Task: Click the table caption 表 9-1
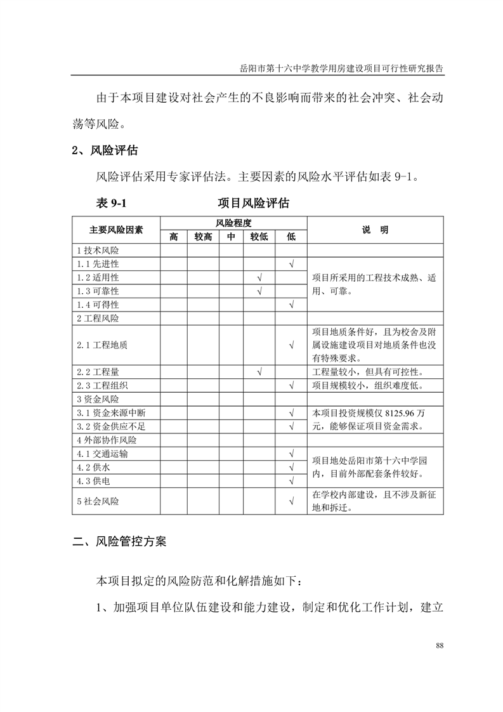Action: point(112,203)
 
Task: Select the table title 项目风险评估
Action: point(253,203)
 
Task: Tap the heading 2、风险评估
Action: point(104,151)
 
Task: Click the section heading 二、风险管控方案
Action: point(120,542)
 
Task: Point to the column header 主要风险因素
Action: point(116,230)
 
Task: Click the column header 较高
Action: point(203,237)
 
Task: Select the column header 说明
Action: point(375,230)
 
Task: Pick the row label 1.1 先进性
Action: point(98,263)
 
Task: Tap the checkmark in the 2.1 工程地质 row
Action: point(291,345)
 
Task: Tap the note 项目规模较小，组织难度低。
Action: point(367,385)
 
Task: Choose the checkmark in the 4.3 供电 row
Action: point(291,481)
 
